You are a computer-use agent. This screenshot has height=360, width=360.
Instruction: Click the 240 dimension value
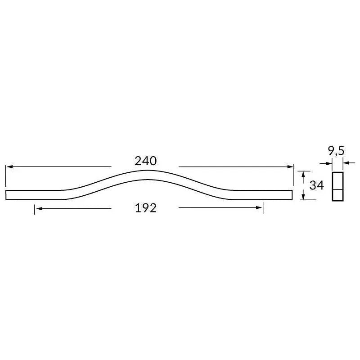coord(145,161)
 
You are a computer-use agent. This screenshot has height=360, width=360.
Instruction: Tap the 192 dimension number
coord(145,208)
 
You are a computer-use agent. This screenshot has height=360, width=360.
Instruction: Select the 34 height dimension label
coord(317,185)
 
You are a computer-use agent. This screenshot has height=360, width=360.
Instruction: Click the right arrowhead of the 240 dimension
coord(290,167)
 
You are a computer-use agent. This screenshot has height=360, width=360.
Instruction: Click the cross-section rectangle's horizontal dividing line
coord(337,189)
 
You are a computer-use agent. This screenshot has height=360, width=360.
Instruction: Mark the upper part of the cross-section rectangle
coord(337,180)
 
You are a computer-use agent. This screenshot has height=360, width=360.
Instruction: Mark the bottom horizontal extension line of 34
coord(308,200)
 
